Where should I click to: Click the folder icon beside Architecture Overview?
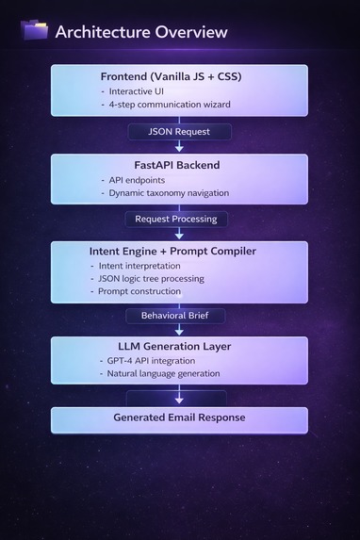tap(35, 30)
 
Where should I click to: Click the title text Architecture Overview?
tap(141, 32)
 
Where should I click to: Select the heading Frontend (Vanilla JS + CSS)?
tap(179, 76)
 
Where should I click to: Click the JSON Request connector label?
tap(179, 131)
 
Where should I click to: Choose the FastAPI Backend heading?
tap(179, 165)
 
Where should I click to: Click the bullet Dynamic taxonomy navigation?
tap(171, 193)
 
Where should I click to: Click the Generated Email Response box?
tap(179, 417)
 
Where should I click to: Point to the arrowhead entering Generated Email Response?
tap(179, 401)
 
